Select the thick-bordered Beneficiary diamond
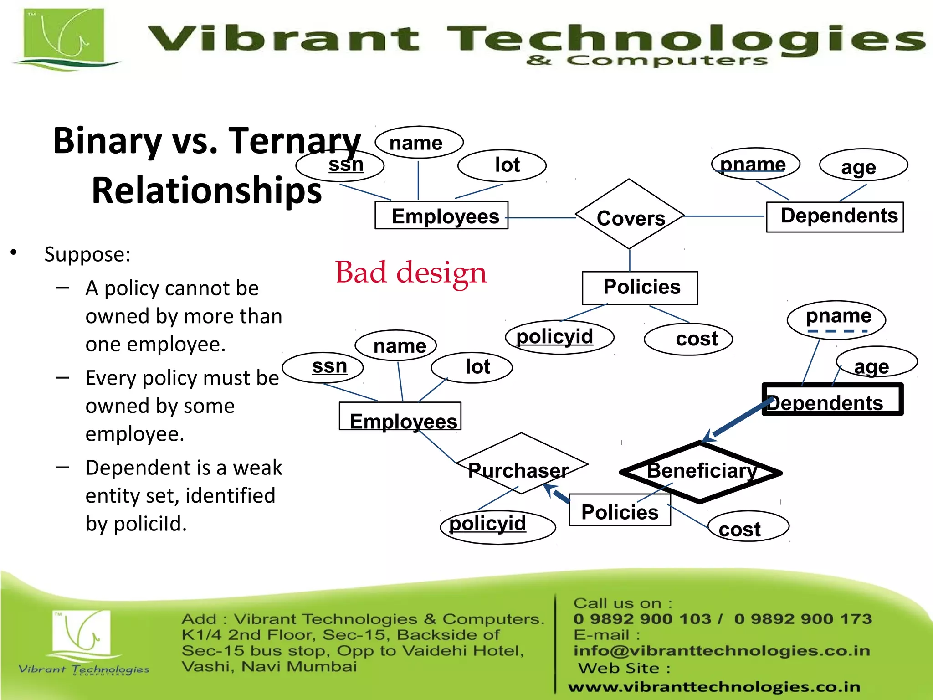701,472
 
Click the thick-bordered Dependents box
832,400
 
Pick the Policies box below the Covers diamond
640,288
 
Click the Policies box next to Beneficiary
620,510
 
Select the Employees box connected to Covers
441,216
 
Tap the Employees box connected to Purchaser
400,416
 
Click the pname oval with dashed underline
836,319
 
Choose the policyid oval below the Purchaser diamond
497,526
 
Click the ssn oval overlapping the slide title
340,165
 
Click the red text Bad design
411,273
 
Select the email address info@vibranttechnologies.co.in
722,650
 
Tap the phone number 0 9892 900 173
803,619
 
